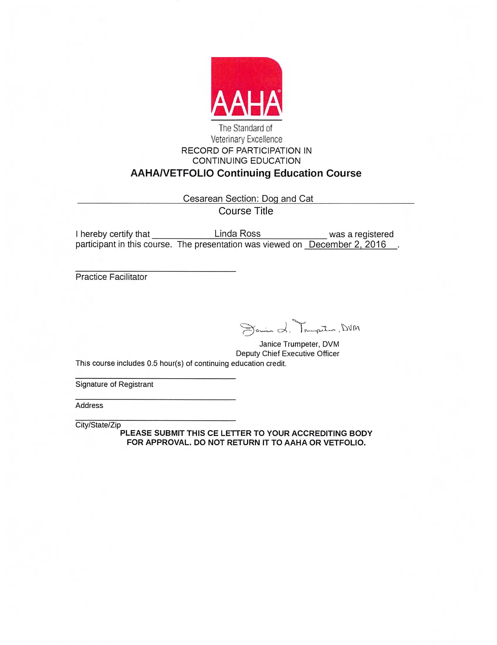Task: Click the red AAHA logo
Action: (246, 87)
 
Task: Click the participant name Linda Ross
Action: (237, 234)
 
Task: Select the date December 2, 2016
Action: (347, 245)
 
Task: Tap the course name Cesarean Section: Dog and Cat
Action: (248, 198)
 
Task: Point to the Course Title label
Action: (246, 211)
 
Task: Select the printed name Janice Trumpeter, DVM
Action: (299, 344)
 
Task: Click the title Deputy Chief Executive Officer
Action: (287, 353)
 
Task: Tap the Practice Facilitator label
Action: (111, 277)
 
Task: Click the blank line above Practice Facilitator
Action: (155, 271)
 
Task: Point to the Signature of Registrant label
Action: (114, 384)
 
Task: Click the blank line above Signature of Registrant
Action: (155, 378)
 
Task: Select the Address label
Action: (89, 405)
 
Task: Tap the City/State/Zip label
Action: (98, 425)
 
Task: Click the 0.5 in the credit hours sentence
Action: (152, 363)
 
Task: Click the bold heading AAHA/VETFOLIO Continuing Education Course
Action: (246, 173)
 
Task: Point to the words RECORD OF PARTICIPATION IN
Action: (246, 151)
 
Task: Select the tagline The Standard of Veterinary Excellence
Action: (246, 134)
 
